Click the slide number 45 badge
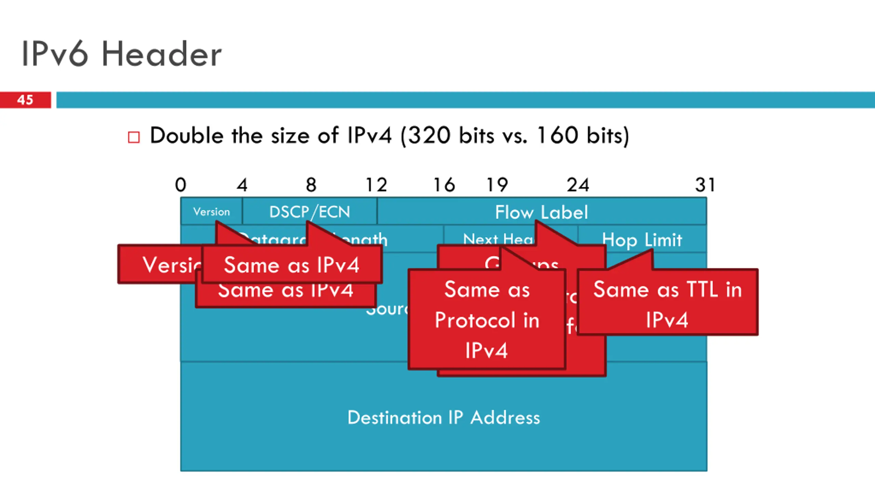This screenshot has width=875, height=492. [x=25, y=100]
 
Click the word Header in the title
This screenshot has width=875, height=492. [x=162, y=54]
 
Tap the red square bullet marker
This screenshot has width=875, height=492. [x=134, y=137]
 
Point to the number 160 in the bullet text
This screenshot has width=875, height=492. [x=557, y=136]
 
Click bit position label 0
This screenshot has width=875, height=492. [x=180, y=185]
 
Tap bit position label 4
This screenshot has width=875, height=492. [x=242, y=185]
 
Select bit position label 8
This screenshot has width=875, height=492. [x=311, y=185]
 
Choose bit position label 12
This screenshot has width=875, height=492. [x=376, y=185]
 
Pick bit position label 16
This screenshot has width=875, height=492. [x=444, y=185]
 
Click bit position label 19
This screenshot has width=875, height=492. [x=497, y=185]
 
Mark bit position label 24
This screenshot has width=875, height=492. [x=578, y=185]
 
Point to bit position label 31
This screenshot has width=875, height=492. [x=705, y=185]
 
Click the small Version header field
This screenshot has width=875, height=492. [x=211, y=212]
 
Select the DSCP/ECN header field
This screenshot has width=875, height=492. [x=310, y=212]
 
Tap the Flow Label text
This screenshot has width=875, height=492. [x=541, y=212]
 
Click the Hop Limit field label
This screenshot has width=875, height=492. [x=642, y=240]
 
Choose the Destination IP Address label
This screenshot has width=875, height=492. [x=444, y=418]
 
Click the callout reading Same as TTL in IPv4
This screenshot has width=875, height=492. [x=668, y=304]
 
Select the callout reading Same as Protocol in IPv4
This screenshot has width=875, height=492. [x=487, y=320]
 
